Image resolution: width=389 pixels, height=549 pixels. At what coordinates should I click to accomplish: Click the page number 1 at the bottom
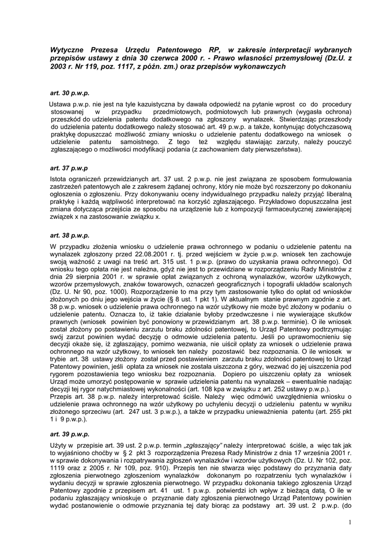tap(349, 522)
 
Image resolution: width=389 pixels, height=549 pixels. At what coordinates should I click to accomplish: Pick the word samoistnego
tap(138, 142)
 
